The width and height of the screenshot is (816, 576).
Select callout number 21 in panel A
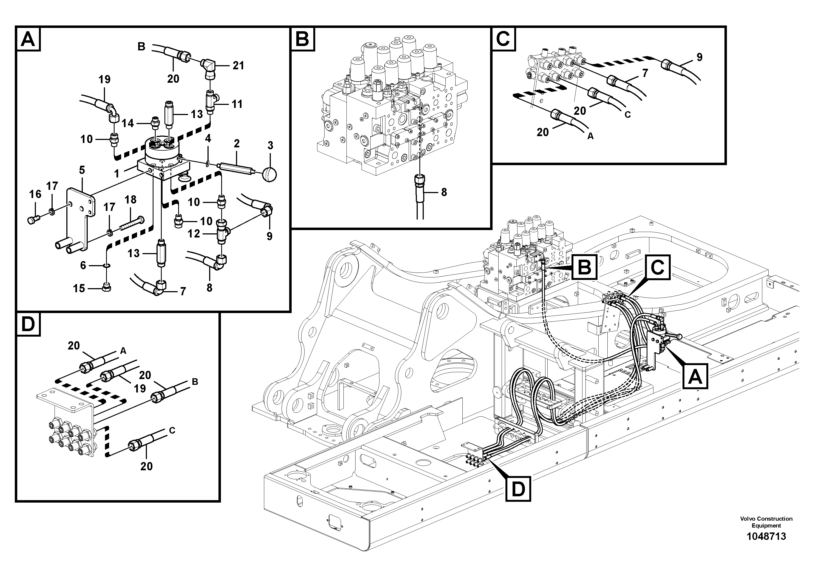tap(238, 65)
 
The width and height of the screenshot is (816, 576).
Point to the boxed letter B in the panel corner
tap(302, 39)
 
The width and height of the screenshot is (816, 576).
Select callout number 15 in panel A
tap(79, 288)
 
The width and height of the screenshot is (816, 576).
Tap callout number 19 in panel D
tap(140, 388)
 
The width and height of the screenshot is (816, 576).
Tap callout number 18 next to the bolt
tap(130, 200)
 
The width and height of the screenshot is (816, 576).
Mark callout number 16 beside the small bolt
tap(35, 194)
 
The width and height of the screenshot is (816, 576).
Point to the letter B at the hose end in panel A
tap(141, 47)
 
